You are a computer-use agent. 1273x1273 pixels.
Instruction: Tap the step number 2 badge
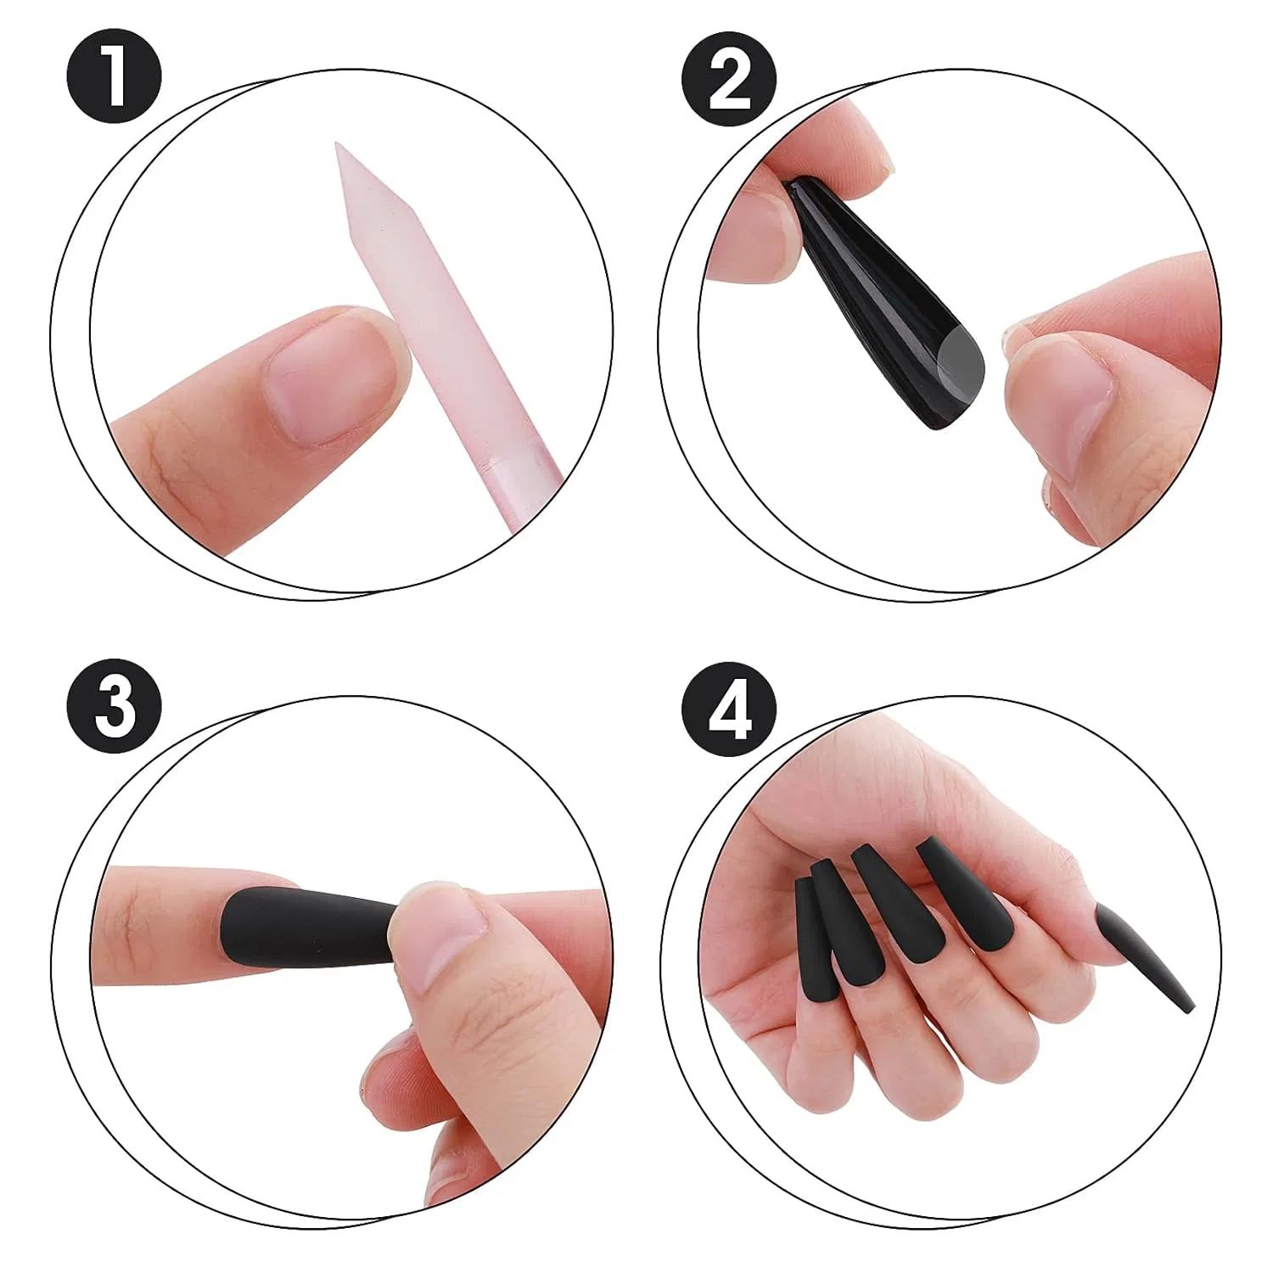coord(729,79)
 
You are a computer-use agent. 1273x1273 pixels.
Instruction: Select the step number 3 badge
coord(115,707)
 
